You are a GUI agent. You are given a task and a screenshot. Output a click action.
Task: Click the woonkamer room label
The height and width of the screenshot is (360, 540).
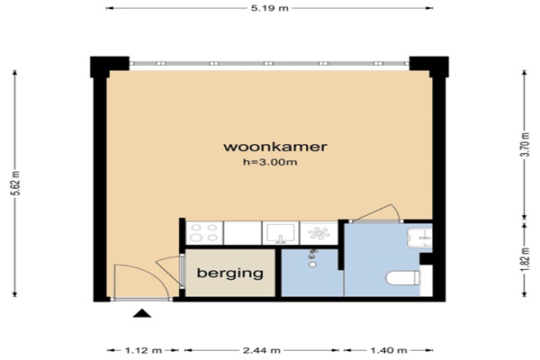pyautogui.click(x=275, y=147)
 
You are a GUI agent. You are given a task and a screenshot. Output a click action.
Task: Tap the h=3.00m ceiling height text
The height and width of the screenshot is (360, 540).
pyautogui.click(x=270, y=162)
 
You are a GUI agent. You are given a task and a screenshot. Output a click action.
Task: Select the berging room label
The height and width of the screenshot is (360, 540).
pyautogui.click(x=230, y=274)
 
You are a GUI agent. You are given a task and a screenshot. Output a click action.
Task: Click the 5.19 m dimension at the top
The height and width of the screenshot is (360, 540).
pyautogui.click(x=270, y=8)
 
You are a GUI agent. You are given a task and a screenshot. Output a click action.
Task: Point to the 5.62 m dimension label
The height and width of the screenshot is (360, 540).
pyautogui.click(x=15, y=183)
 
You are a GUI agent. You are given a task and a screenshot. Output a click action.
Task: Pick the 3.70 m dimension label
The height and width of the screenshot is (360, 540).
pyautogui.click(x=525, y=144)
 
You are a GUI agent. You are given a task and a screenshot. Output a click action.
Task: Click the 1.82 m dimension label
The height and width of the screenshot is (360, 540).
pyautogui.click(x=525, y=259)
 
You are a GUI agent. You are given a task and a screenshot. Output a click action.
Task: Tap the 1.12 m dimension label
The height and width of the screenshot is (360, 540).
pyautogui.click(x=143, y=351)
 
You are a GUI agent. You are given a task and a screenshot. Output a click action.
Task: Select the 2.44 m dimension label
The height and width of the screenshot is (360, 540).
pyautogui.click(x=262, y=351)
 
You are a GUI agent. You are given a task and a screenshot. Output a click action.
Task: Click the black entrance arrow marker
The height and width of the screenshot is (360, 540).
pyautogui.click(x=142, y=313)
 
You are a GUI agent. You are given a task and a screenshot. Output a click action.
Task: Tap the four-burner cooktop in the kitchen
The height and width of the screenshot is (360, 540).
pyautogui.click(x=204, y=233)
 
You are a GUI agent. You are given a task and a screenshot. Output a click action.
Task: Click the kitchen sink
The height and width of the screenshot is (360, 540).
pyautogui.click(x=281, y=233)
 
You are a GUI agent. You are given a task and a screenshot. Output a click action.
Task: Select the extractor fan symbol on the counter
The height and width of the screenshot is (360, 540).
pyautogui.click(x=319, y=233)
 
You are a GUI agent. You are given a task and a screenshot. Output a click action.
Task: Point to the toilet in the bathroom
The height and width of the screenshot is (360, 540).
pyautogui.click(x=403, y=278)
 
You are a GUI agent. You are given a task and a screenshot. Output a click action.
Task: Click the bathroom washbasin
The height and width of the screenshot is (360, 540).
pyautogui.click(x=419, y=238)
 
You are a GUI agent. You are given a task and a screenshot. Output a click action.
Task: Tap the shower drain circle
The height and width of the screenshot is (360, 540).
pyautogui.click(x=312, y=265)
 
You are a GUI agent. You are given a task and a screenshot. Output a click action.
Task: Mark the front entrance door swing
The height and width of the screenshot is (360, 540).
pyautogui.click(x=141, y=282)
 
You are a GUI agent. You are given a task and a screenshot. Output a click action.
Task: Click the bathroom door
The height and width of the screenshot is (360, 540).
pyautogui.click(x=375, y=213)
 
